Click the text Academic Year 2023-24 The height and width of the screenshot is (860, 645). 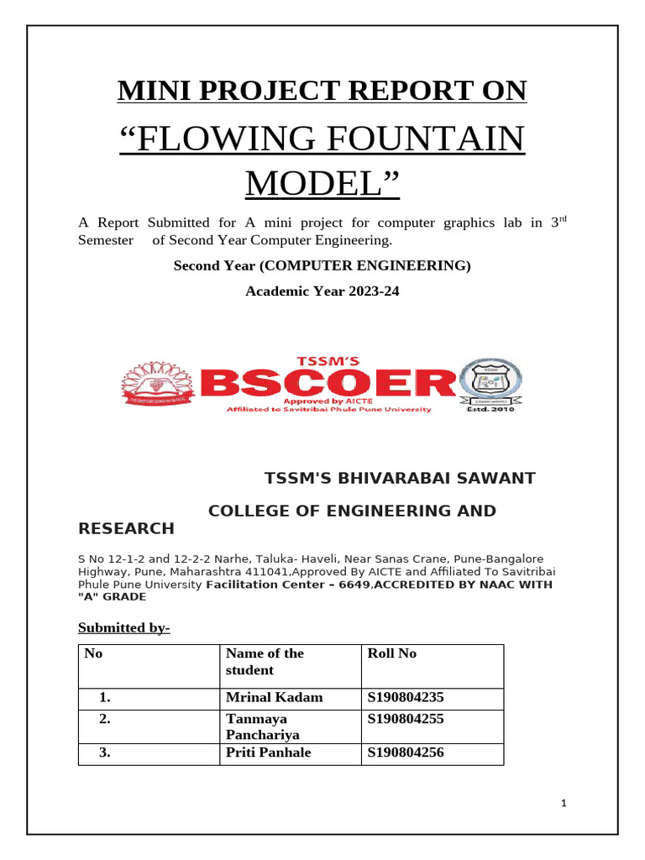[322, 291]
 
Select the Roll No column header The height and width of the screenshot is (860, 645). [391, 653]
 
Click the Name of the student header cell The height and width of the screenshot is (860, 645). [265, 662]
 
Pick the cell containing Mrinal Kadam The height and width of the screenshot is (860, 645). [274, 697]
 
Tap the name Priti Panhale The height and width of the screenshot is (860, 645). [268, 752]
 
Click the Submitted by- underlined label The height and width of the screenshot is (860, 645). [124, 627]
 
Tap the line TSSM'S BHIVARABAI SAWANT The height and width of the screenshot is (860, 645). [400, 478]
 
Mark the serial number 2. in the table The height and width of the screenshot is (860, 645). [105, 719]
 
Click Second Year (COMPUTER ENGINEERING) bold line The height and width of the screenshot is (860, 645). [322, 266]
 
